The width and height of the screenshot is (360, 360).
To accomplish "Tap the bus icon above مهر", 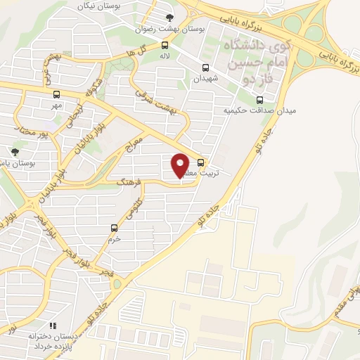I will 56,94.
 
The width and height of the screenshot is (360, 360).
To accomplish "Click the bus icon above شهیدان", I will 205,68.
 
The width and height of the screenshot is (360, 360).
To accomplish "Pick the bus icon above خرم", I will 115,227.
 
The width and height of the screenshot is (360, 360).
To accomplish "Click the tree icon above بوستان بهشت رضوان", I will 167,18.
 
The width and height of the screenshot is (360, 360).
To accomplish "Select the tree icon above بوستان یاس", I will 15,151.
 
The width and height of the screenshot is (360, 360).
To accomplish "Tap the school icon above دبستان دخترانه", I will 52,325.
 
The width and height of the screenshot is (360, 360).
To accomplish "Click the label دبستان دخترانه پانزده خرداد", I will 51,342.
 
